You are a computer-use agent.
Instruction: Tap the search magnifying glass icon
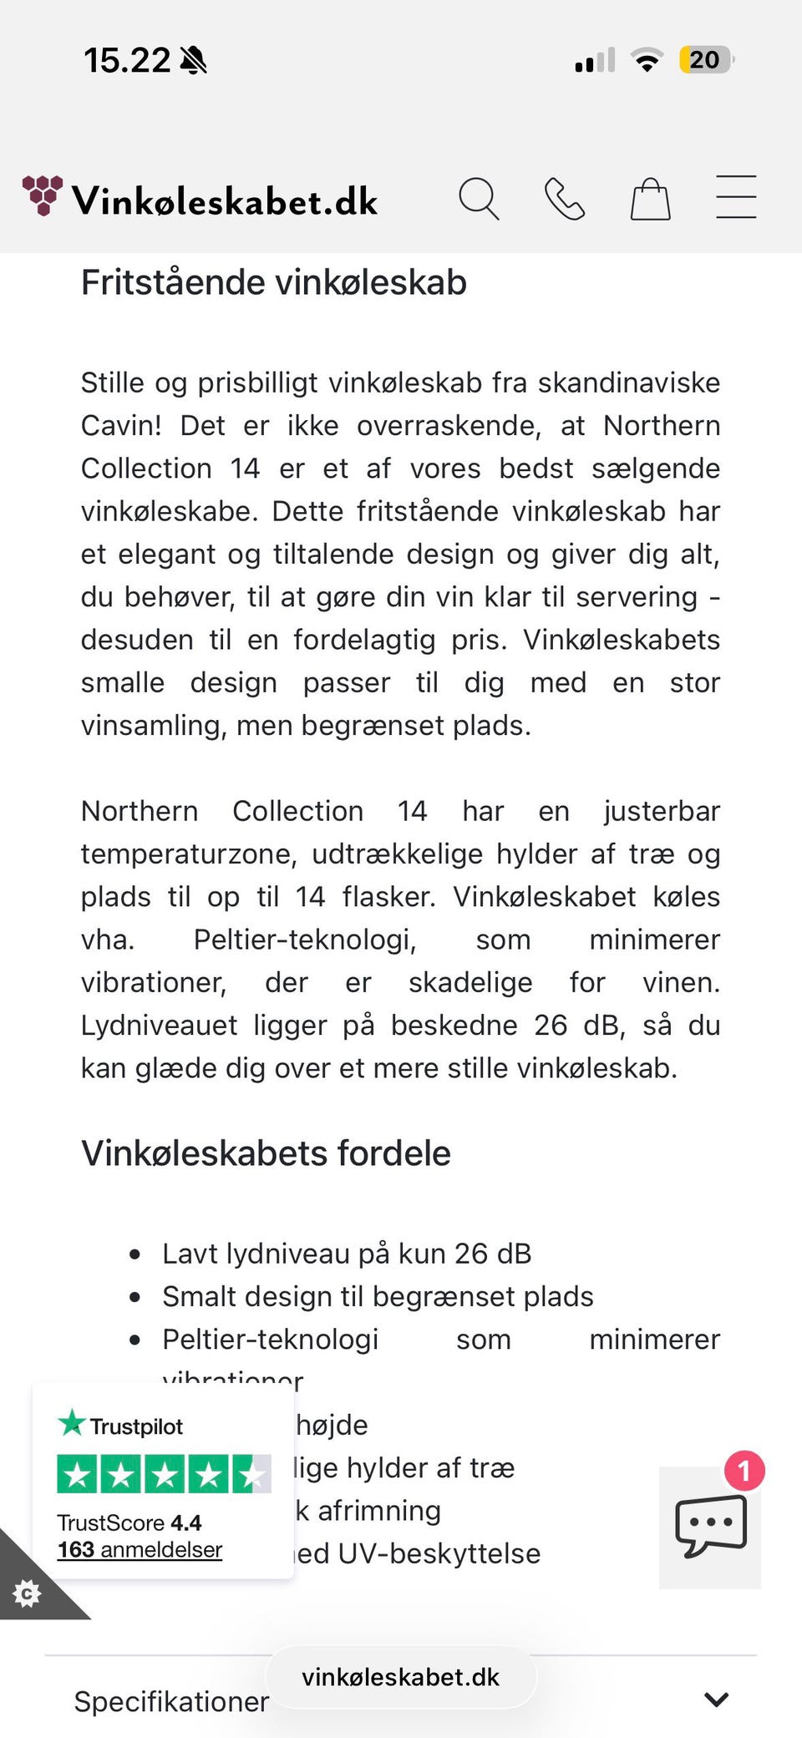point(479,199)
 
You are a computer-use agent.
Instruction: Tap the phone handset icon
point(565,199)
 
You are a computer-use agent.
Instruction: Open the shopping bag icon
point(650,200)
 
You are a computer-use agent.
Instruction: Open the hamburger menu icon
point(736,197)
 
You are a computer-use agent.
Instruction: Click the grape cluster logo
point(43,195)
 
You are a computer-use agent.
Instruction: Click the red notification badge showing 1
point(744,1471)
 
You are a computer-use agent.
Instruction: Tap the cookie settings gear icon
point(27,1593)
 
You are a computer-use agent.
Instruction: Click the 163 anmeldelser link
point(140,1550)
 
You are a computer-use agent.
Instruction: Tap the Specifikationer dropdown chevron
point(716,1699)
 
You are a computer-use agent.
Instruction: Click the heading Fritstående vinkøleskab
point(274,282)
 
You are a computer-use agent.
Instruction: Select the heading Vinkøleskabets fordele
point(266,1153)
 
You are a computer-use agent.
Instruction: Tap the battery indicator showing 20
point(705,60)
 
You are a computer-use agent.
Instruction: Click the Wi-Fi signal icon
point(647,60)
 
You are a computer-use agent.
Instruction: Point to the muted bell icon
point(193,60)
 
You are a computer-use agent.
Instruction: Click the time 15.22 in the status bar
point(126,60)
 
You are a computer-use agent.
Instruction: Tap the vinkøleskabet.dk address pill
point(401,1677)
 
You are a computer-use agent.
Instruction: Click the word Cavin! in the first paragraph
point(121,426)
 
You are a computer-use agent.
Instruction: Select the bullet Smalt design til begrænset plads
point(378,1296)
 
